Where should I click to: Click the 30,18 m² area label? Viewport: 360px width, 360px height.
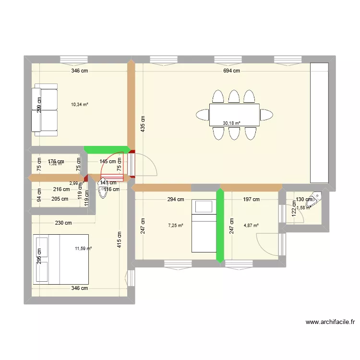pyautogui.click(x=231, y=123)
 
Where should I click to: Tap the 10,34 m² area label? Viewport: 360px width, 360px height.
pyautogui.click(x=80, y=104)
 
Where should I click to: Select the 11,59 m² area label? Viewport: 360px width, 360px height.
pyautogui.click(x=83, y=248)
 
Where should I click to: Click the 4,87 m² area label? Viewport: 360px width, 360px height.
pyautogui.click(x=251, y=225)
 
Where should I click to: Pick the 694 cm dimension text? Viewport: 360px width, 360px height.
pyautogui.click(x=231, y=71)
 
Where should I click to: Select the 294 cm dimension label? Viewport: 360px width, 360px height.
pyautogui.click(x=176, y=199)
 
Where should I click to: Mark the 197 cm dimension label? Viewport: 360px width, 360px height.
pyautogui.click(x=251, y=199)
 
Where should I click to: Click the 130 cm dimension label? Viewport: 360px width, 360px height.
pyautogui.click(x=303, y=199)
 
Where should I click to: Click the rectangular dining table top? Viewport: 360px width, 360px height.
pyautogui.click(x=234, y=115)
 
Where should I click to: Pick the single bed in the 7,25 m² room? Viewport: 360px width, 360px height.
pyautogui.click(x=204, y=226)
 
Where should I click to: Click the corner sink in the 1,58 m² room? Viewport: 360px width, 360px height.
pyautogui.click(x=317, y=196)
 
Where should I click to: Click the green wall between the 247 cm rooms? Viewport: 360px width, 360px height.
pyautogui.click(x=220, y=226)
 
